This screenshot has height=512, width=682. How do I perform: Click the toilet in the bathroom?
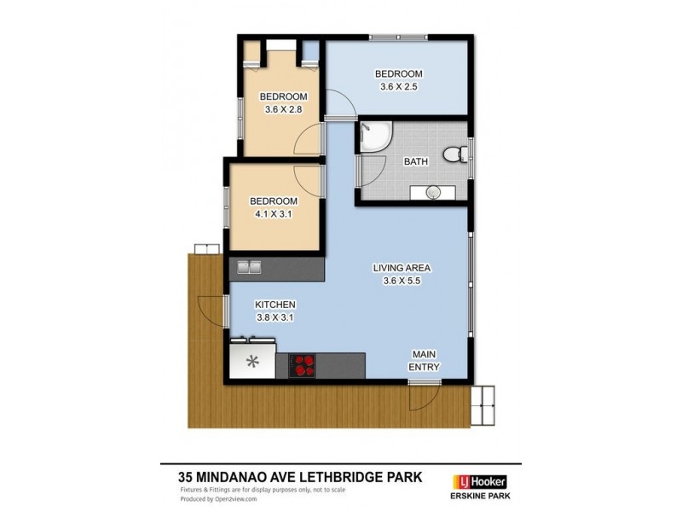click(x=454, y=154)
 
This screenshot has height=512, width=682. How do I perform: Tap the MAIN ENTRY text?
click(x=425, y=361)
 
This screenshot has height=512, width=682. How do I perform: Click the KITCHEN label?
click(x=275, y=305)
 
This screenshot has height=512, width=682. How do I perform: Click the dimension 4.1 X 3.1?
click(x=274, y=214)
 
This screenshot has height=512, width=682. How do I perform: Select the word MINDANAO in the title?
click(x=240, y=478)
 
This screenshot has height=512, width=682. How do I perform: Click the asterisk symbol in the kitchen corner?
click(x=252, y=361)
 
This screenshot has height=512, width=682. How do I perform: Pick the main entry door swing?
click(x=423, y=393)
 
